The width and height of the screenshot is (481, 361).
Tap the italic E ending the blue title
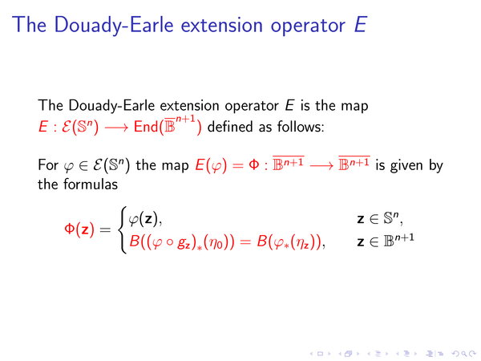pyautogui.click(x=361, y=25)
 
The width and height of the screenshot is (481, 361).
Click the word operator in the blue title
pyautogui.click(x=308, y=26)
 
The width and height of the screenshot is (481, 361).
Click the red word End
pyautogui.click(x=146, y=127)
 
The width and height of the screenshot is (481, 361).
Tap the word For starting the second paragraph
pyautogui.click(x=48, y=164)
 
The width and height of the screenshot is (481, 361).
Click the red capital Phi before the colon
pyautogui.click(x=253, y=164)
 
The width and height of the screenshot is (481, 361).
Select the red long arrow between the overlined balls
pyautogui.click(x=321, y=166)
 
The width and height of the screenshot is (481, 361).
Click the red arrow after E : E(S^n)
pyautogui.click(x=116, y=127)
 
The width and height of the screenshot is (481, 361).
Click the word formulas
pyautogui.click(x=91, y=185)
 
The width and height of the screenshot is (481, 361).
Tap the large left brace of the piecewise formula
pyautogui.click(x=123, y=229)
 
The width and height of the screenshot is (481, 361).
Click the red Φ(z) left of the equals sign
pyautogui.click(x=79, y=229)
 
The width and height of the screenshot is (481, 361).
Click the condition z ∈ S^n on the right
pyautogui.click(x=379, y=219)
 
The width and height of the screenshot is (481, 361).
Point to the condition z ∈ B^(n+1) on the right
pyautogui.click(x=386, y=241)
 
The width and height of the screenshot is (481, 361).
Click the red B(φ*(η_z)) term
pyautogui.click(x=289, y=242)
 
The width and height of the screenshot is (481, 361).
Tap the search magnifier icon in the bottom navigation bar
pyautogui.click(x=463, y=354)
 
